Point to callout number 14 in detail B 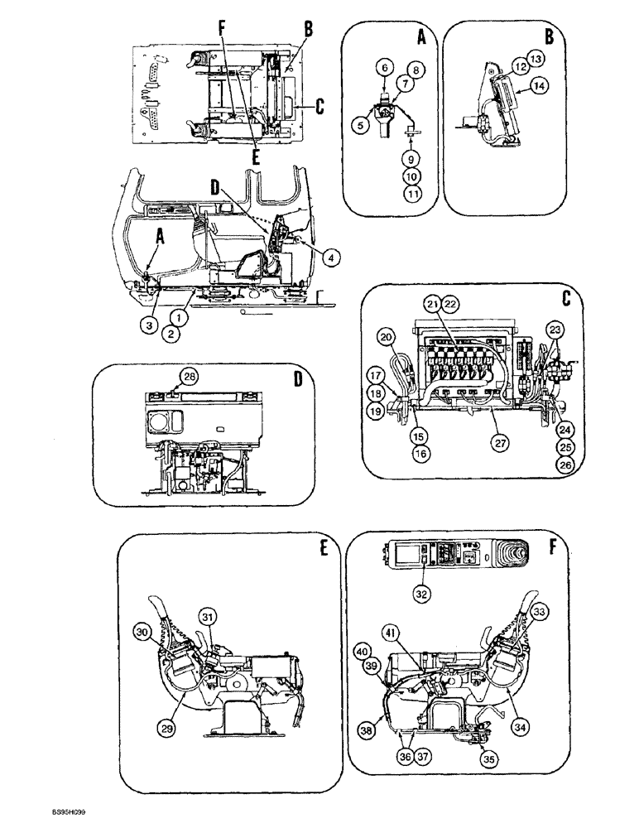tap(538, 84)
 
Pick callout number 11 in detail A tap(410, 193)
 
